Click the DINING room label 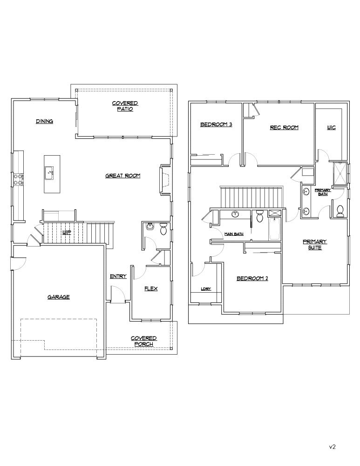(45, 121)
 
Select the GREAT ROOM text (123, 176)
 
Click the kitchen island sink (49, 172)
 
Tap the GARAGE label (59, 296)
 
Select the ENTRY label (118, 276)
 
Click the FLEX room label (151, 288)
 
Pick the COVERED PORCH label (143, 341)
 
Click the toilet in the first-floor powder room (163, 229)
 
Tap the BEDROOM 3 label (216, 124)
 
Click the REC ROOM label (284, 127)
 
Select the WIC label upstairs (331, 127)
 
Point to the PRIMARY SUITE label (315, 245)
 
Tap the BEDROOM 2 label (252, 278)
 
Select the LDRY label (206, 289)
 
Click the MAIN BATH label (234, 234)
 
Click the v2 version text (332, 446)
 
